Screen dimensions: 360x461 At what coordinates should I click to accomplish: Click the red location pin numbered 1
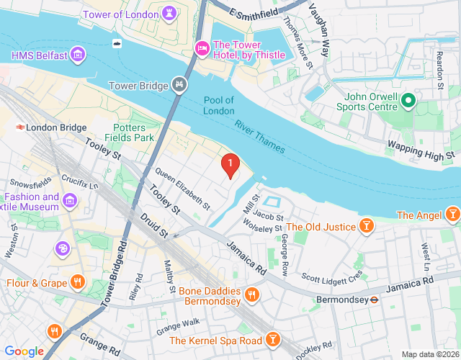230,166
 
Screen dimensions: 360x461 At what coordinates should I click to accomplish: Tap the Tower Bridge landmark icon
179,86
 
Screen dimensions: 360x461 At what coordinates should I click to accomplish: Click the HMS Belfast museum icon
79,55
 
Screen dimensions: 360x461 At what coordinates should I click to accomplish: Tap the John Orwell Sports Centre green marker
408,100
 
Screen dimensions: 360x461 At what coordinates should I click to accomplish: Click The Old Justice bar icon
367,227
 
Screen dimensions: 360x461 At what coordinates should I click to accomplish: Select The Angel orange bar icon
452,215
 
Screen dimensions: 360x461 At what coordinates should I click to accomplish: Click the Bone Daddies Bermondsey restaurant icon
251,294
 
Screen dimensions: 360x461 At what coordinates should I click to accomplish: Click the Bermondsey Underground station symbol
375,298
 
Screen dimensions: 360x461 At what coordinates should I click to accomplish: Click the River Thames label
259,136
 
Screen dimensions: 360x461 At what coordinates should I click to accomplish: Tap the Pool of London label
219,105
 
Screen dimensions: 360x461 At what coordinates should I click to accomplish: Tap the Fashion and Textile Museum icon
71,199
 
